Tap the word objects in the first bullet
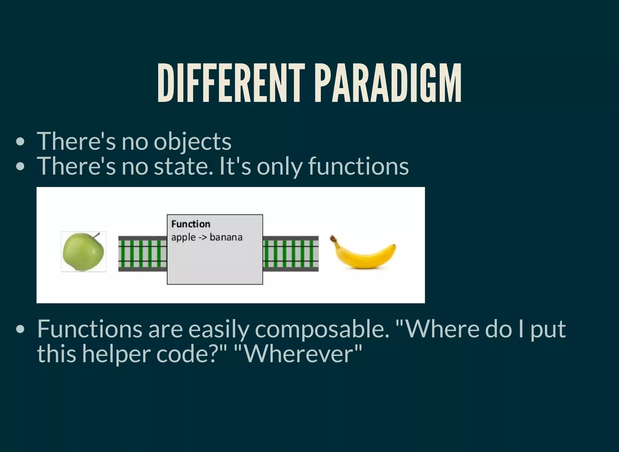(193, 142)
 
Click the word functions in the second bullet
(358, 167)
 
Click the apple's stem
(96, 235)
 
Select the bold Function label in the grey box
(191, 224)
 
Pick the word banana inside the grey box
(226, 237)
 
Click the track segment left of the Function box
(142, 254)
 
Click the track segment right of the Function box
(290, 254)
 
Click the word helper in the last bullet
(116, 354)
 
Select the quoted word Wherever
(298, 354)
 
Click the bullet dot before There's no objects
(20, 142)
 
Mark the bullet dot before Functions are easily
(20, 329)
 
